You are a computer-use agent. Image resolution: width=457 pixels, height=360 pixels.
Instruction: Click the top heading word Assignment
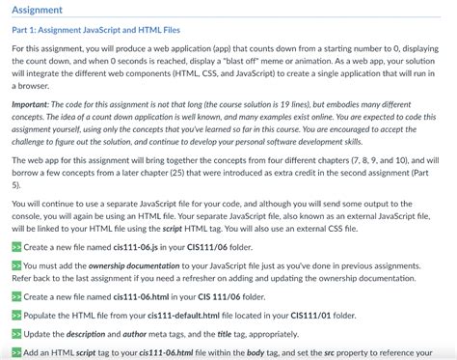[38, 11]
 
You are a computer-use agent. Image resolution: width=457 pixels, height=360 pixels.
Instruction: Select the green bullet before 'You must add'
[16, 264]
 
